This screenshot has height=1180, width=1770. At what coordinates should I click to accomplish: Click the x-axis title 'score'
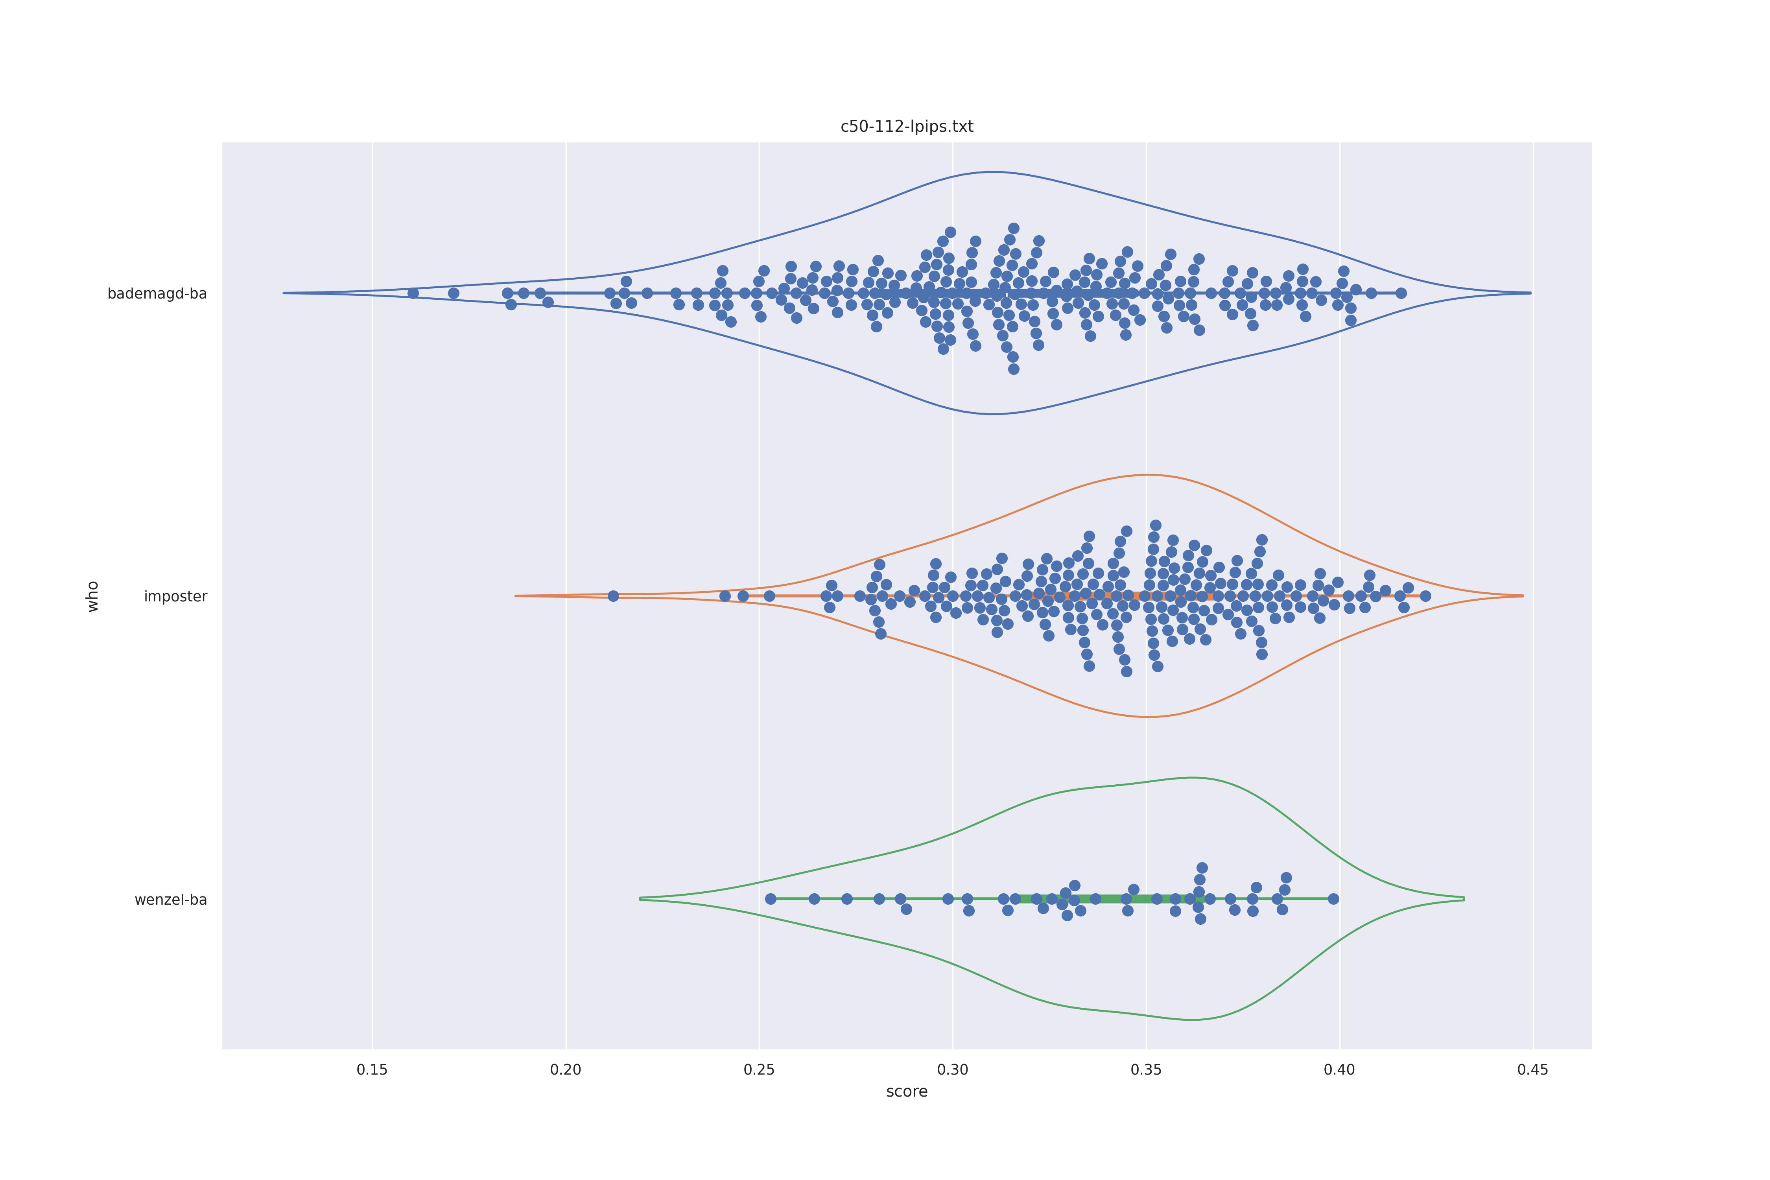907,1092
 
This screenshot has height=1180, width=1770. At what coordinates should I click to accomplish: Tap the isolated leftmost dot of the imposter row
613,596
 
